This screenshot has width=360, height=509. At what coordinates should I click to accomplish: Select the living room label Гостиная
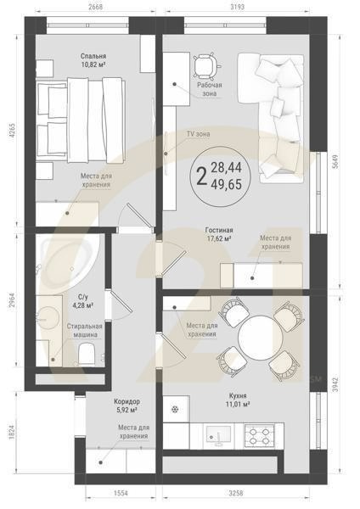[219, 230]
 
